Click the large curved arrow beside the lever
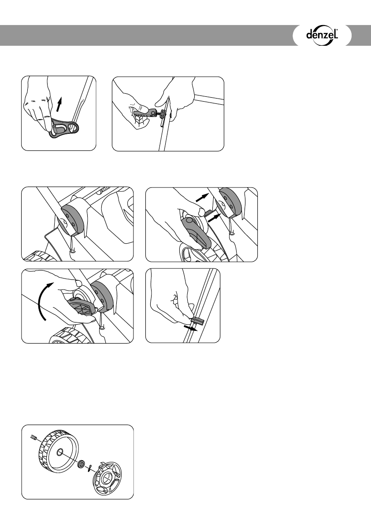coord(45,300)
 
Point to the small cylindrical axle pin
coord(33,437)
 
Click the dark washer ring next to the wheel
coord(81,464)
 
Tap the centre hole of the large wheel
coord(59,452)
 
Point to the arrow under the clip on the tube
coord(191,328)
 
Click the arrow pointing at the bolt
coord(214,219)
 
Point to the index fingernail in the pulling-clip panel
coord(174,297)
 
